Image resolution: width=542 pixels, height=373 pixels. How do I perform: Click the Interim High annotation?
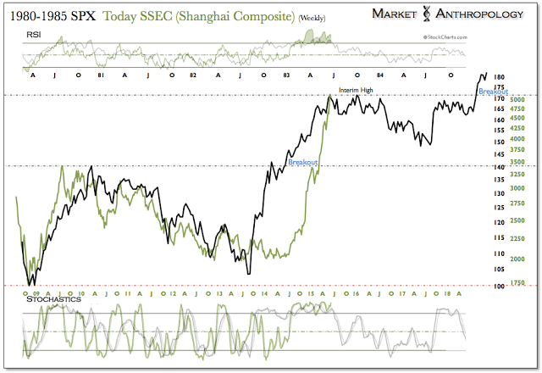tap(356, 89)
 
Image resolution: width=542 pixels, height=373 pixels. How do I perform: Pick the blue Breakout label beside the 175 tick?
tap(494, 92)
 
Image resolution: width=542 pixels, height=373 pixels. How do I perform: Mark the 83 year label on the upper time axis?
tap(286, 75)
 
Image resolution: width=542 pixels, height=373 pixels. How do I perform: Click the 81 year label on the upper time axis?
tap(101, 75)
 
